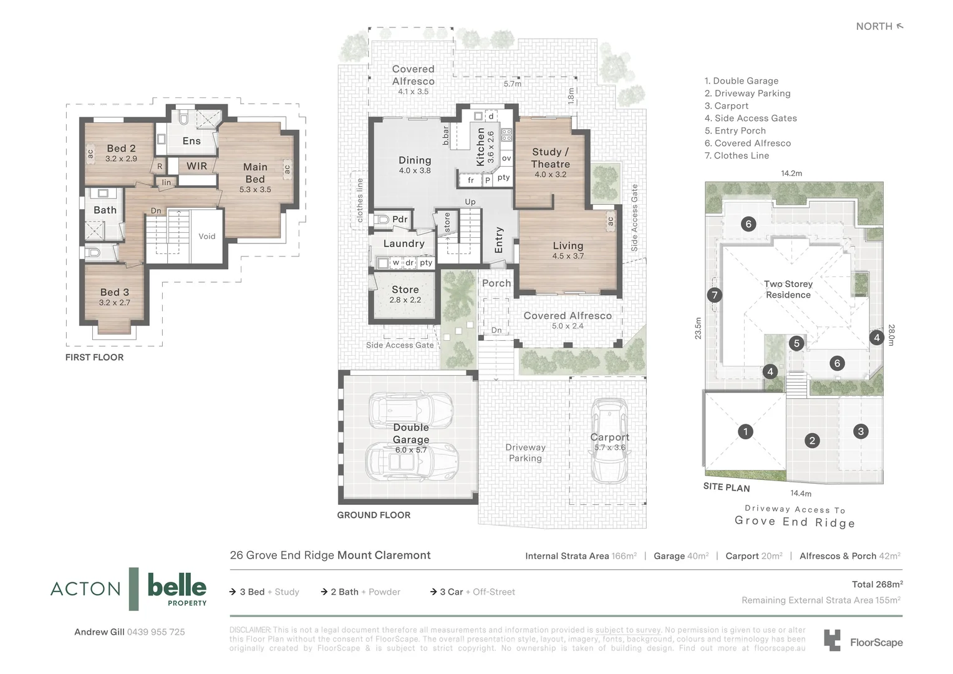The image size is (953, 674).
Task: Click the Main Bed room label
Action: (x=255, y=173)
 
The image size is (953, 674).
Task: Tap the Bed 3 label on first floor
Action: (x=115, y=292)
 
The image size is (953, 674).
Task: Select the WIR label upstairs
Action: (x=196, y=166)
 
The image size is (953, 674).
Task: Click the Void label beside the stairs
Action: (x=206, y=237)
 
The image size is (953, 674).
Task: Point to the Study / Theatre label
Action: (x=550, y=158)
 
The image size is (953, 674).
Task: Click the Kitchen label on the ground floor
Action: (x=480, y=147)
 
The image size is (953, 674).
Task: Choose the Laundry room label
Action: (x=404, y=243)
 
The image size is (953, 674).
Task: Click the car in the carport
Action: (x=609, y=441)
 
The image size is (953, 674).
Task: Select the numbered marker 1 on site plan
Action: (x=745, y=431)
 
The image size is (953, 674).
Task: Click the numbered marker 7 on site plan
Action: (x=715, y=295)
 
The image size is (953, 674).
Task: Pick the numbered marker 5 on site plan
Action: (x=796, y=343)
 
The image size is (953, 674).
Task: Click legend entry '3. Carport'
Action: (x=726, y=106)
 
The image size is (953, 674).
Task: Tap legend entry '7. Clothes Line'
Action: (x=737, y=156)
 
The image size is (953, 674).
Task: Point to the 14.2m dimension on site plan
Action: (x=791, y=173)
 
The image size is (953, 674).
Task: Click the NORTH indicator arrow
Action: (x=899, y=26)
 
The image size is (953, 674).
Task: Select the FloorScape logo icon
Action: (x=832, y=640)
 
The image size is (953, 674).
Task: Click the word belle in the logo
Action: (x=177, y=586)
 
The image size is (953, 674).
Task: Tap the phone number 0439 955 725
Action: (x=156, y=632)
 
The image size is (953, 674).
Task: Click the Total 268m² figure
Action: (x=877, y=584)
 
